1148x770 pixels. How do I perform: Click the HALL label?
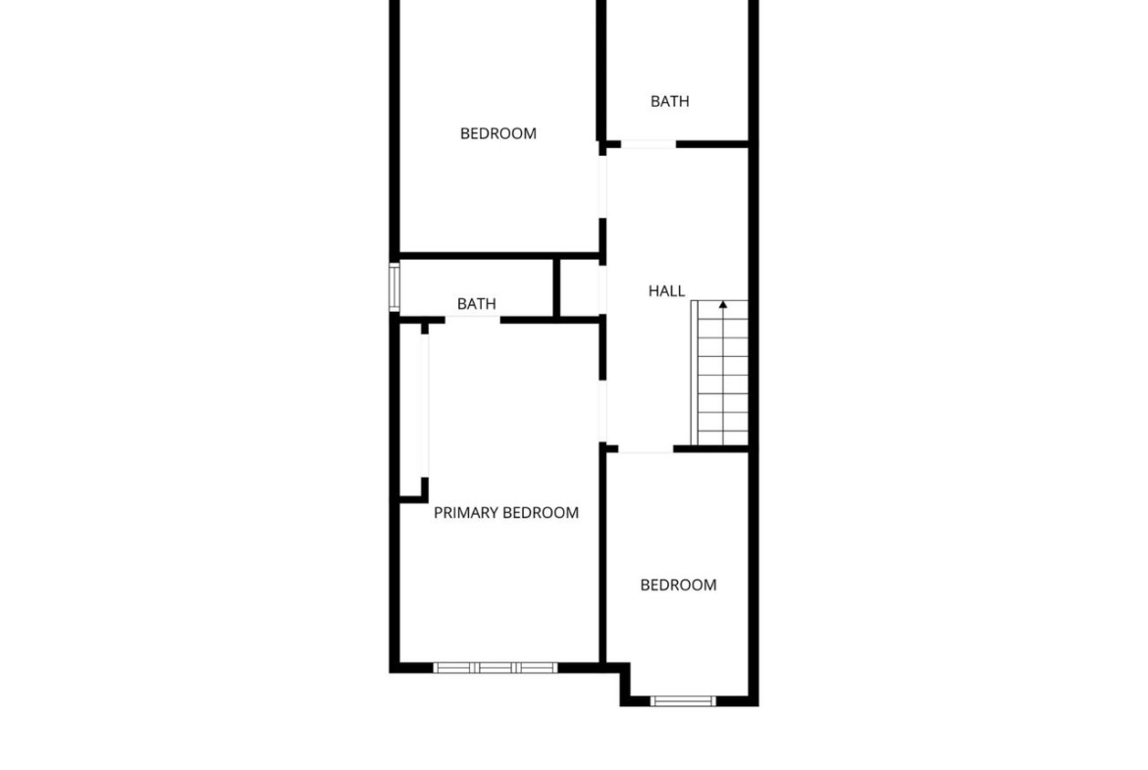pos(666,291)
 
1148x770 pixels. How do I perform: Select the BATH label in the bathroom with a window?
pos(476,304)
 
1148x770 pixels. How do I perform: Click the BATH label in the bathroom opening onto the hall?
pos(669,101)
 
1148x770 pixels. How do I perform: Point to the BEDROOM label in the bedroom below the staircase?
pos(678,585)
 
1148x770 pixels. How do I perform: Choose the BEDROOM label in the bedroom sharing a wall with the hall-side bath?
pos(497,133)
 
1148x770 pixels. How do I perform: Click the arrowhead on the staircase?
pos(722,304)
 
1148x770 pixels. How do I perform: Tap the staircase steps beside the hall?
pos(719,373)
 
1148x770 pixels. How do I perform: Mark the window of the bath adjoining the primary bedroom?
pos(393,287)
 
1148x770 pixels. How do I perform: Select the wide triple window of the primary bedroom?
pos(495,668)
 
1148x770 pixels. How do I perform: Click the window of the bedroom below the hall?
pos(683,701)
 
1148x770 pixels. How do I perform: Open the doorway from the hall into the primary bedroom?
pos(602,411)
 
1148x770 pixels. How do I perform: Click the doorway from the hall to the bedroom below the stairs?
pos(645,448)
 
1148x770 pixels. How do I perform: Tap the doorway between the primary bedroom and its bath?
pos(472,320)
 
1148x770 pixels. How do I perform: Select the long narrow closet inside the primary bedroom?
pos(411,410)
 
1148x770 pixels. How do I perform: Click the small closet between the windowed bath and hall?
pos(580,287)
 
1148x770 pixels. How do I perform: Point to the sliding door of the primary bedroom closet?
pos(424,405)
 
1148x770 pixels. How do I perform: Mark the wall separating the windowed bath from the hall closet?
pos(556,287)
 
